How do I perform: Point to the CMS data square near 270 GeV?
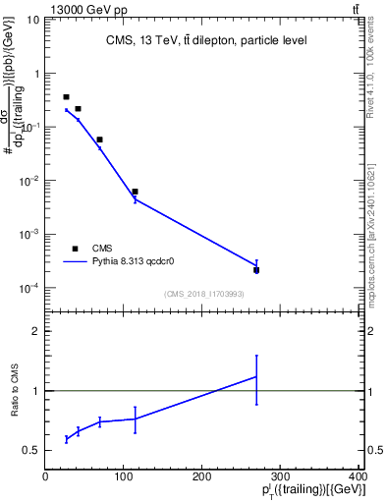coord(256,269)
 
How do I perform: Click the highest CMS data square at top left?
coord(66,97)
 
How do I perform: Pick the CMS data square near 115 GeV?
coord(136,192)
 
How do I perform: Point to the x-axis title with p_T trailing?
coord(305,491)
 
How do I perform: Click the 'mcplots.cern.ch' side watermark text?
coord(377,226)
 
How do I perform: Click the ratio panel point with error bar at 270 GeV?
coord(256,376)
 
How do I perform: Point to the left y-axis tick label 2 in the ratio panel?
coord(36,331)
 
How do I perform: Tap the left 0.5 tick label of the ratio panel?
coord(31,450)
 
